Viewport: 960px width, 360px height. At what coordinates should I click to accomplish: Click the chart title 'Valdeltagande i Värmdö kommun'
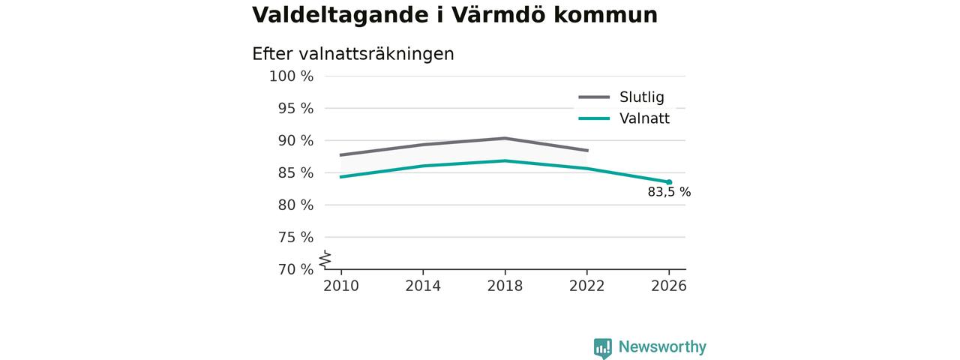(454, 15)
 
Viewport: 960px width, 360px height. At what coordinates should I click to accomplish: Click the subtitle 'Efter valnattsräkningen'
(352, 54)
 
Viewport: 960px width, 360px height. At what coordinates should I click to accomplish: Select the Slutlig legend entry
(622, 97)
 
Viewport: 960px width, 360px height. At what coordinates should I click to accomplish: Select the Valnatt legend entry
(624, 118)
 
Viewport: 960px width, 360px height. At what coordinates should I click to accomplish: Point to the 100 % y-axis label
(291, 76)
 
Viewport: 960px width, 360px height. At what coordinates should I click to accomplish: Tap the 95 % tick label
(295, 109)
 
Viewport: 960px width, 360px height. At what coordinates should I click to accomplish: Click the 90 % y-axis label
(295, 140)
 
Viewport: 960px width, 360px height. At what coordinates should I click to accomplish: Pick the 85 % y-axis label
(295, 172)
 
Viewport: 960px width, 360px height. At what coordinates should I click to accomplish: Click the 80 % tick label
(295, 205)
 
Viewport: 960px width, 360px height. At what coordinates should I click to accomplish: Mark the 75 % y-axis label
(295, 237)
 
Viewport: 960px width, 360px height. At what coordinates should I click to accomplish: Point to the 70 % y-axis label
(295, 269)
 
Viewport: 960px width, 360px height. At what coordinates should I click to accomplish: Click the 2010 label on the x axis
(341, 286)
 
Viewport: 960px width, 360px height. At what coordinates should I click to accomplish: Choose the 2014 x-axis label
(423, 286)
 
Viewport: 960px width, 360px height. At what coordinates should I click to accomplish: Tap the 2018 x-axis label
(505, 286)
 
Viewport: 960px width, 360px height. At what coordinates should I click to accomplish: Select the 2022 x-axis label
(586, 286)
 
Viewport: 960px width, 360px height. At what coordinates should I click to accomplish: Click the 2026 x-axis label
(668, 286)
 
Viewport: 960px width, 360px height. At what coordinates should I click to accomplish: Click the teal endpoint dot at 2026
(669, 182)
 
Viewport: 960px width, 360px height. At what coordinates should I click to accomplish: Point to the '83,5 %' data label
(669, 192)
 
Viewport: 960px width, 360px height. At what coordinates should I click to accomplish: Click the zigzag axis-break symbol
(325, 259)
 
